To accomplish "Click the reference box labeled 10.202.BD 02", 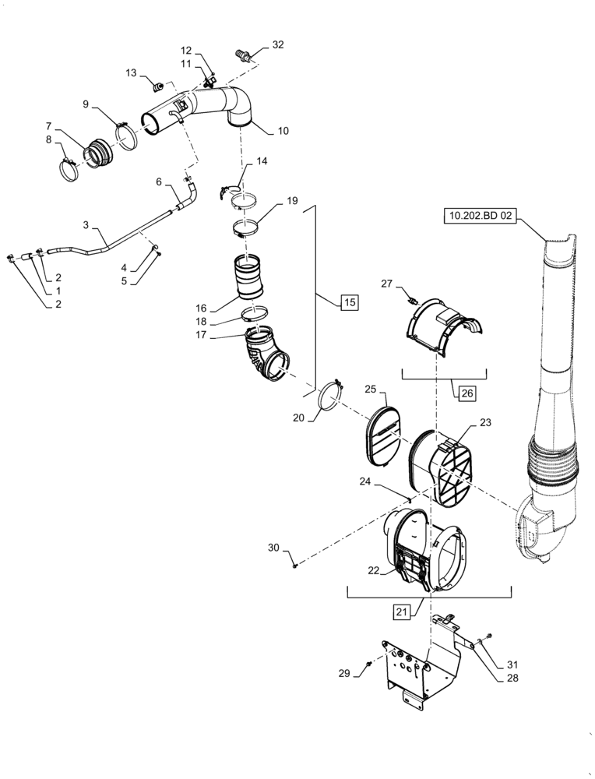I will tap(480, 216).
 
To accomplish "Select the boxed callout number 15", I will tap(349, 302).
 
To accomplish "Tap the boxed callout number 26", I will tap(466, 393).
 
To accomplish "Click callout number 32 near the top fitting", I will tap(278, 44).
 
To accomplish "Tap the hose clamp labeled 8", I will tap(70, 169).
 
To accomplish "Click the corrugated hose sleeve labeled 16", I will tap(248, 276).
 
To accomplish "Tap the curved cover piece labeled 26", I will tap(440, 326).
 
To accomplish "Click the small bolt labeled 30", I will tap(295, 566).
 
